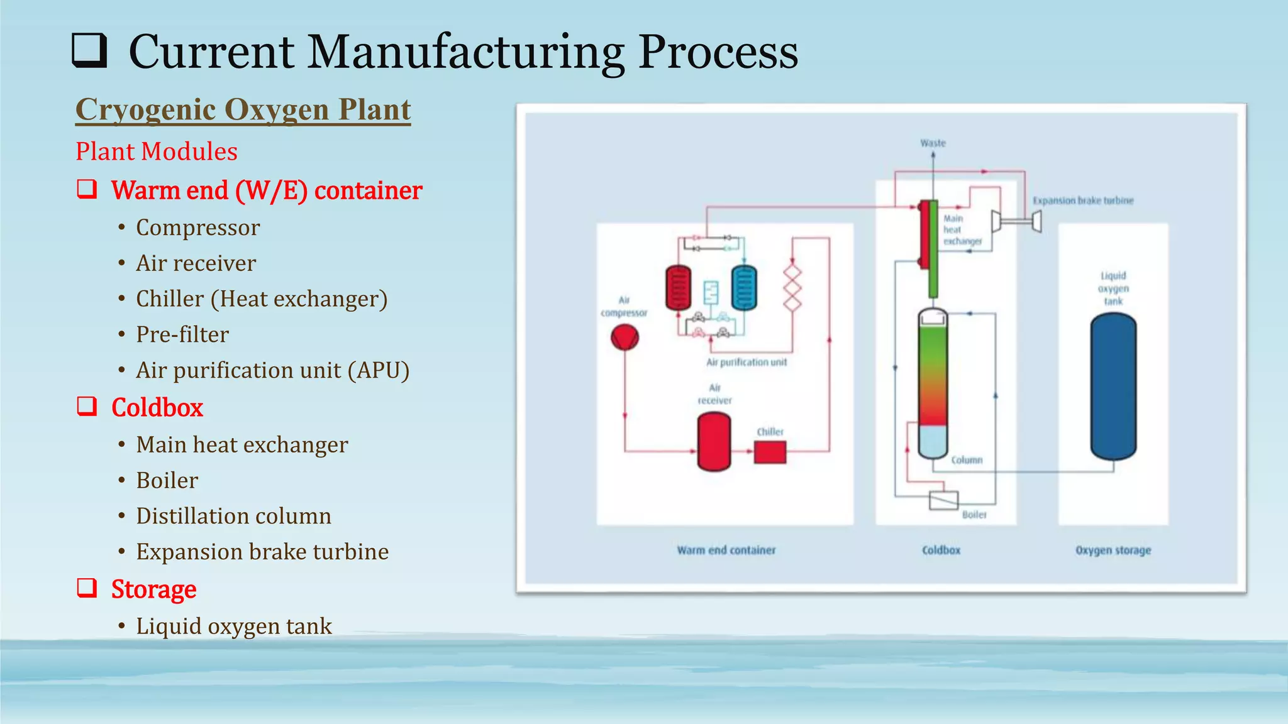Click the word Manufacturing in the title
465,52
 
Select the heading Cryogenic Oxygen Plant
243,110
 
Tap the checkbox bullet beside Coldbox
87,407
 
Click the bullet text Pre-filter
182,334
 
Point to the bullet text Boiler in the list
167,480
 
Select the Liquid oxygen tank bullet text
234,626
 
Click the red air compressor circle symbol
625,338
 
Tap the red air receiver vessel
714,441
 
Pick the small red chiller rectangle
770,452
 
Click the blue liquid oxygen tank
1113,386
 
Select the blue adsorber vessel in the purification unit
744,288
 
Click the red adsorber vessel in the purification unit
678,288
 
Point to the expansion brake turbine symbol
1016,221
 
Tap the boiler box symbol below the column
943,500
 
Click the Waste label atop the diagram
933,143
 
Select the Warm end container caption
726,550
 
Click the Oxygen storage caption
1113,550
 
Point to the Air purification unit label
747,362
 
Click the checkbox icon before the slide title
89,51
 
